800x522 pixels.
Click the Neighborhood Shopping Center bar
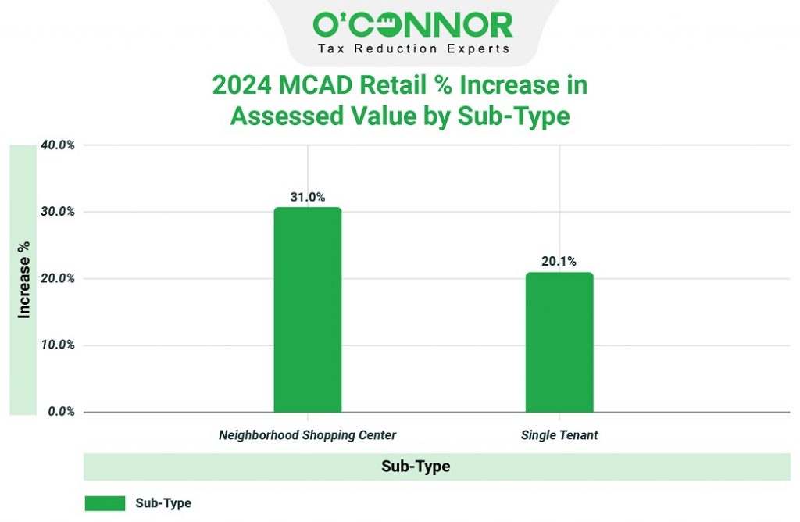pos(308,309)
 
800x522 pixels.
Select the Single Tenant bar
pos(559,342)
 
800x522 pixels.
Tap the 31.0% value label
pos(308,197)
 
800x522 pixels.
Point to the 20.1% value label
pos(559,261)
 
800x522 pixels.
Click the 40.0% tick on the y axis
pos(58,145)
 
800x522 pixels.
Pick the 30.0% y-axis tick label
pos(58,212)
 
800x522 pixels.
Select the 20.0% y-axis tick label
pos(58,279)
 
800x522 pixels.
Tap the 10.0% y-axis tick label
pos(58,345)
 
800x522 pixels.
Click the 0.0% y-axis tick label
pos(61,412)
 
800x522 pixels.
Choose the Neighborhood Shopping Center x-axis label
pos(308,435)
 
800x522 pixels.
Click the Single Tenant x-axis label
pos(559,435)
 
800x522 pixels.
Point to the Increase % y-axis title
pos(24,280)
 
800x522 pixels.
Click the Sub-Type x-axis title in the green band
pos(416,467)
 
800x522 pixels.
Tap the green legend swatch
pos(105,503)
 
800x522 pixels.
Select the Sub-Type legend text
pos(163,503)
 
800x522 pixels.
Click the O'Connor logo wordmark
pos(412,25)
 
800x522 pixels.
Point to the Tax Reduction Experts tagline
pos(414,49)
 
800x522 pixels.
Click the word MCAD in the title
pos(316,84)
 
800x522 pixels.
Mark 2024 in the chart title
pos(242,84)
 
